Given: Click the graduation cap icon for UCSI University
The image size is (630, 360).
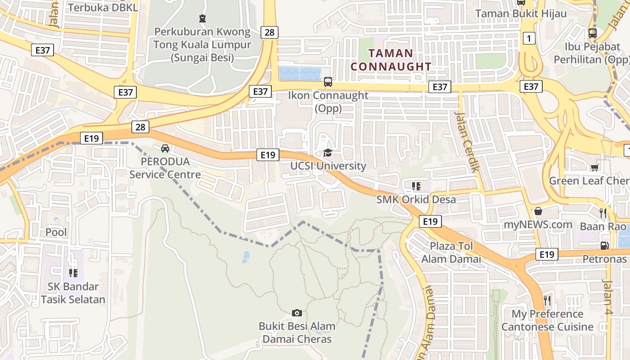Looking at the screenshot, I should point(328,153).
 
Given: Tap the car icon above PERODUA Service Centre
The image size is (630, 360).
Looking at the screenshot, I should point(165,148).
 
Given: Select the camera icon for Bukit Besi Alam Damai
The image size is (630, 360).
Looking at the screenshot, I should point(297,313).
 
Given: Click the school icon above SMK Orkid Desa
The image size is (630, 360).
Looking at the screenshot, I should point(416,186).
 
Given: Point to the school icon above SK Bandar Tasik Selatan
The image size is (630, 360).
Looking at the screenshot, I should point(73,273).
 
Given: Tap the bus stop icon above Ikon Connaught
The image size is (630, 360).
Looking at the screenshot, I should point(328,82).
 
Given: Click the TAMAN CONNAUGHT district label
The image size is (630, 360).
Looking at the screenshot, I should point(391,59).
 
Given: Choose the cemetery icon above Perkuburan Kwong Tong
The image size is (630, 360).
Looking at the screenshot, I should point(202,18).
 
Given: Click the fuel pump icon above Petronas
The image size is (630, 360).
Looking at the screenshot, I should point(605,246).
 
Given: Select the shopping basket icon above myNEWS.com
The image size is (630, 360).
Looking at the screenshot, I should point(538,211).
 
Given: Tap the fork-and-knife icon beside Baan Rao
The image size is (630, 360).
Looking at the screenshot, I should point(603,213).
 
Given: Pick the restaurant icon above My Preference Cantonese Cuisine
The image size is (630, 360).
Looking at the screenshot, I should point(547,300).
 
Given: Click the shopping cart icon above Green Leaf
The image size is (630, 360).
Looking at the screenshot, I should point(594,168).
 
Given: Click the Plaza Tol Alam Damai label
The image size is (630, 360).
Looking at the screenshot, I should point(451,252).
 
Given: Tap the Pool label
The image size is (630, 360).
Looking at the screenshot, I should point(56,232).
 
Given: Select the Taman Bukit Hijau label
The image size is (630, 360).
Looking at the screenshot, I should point(521,13).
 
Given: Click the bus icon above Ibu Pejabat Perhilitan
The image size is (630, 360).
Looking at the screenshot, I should point(592,33).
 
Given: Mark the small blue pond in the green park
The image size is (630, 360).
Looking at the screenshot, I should point(246,257).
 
